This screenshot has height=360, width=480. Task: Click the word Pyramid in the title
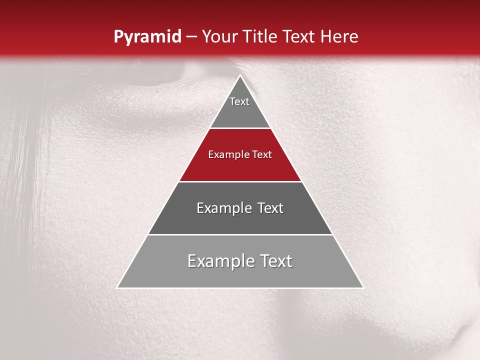coord(147,37)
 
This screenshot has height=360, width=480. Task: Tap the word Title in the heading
coord(260,37)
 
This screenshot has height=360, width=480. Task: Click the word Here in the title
coord(339,37)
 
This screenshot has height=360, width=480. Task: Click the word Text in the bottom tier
coord(275,261)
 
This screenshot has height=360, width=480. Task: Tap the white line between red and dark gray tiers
coord(240,181)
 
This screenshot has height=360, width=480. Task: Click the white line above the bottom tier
coord(240,234)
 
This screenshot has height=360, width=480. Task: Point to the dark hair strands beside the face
coord(22,150)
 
